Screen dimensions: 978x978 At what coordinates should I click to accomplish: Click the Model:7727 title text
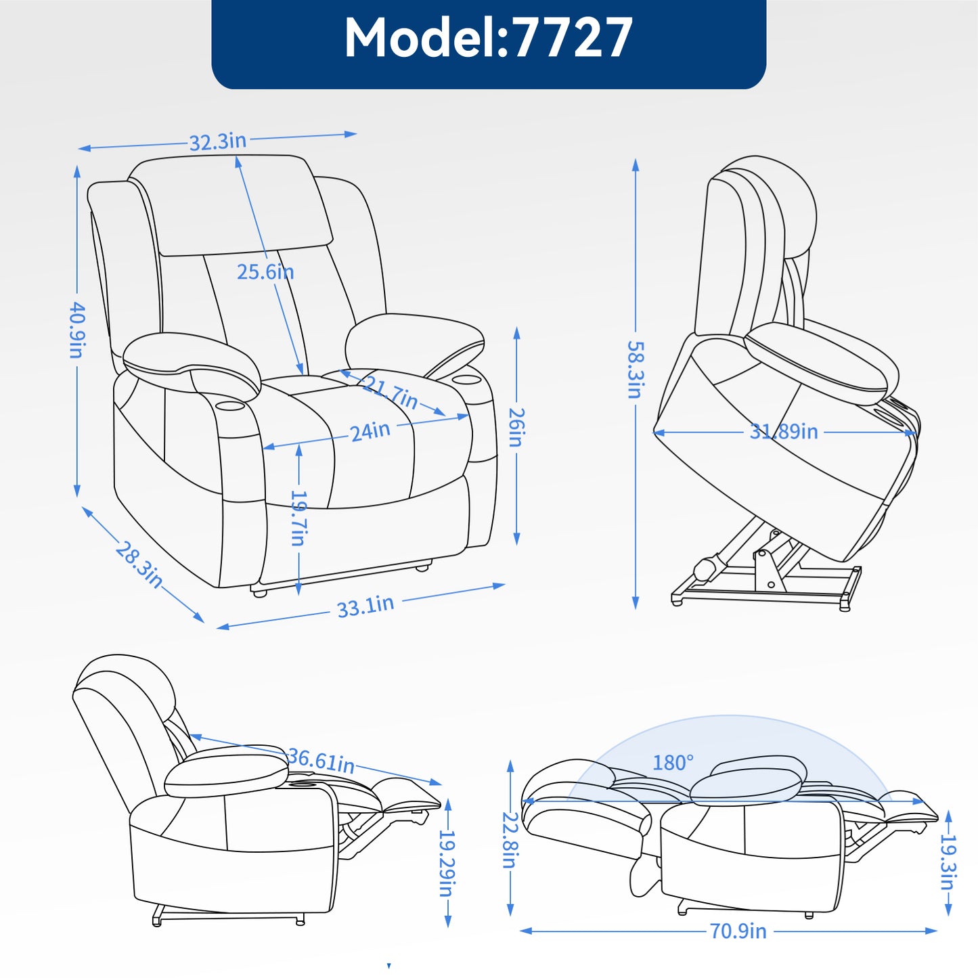[x=488, y=37]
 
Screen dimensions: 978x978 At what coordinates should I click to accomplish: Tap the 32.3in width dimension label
[x=218, y=141]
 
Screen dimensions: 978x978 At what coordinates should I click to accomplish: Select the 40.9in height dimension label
[x=76, y=330]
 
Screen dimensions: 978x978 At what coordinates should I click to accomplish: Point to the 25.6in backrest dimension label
[x=265, y=272]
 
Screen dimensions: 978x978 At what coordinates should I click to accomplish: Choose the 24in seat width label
[x=370, y=431]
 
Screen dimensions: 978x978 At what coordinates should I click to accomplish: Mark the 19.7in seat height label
[x=298, y=517]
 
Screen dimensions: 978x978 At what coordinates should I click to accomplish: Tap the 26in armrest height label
[x=516, y=427]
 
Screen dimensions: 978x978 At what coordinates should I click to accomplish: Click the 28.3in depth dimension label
[x=139, y=565]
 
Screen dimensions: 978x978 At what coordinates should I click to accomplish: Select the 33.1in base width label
[x=365, y=606]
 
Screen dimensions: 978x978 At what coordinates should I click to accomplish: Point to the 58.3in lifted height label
[x=636, y=369]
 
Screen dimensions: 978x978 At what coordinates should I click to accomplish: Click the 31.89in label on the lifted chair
[x=784, y=431]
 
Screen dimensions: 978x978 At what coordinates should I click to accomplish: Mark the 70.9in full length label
[x=738, y=931]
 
